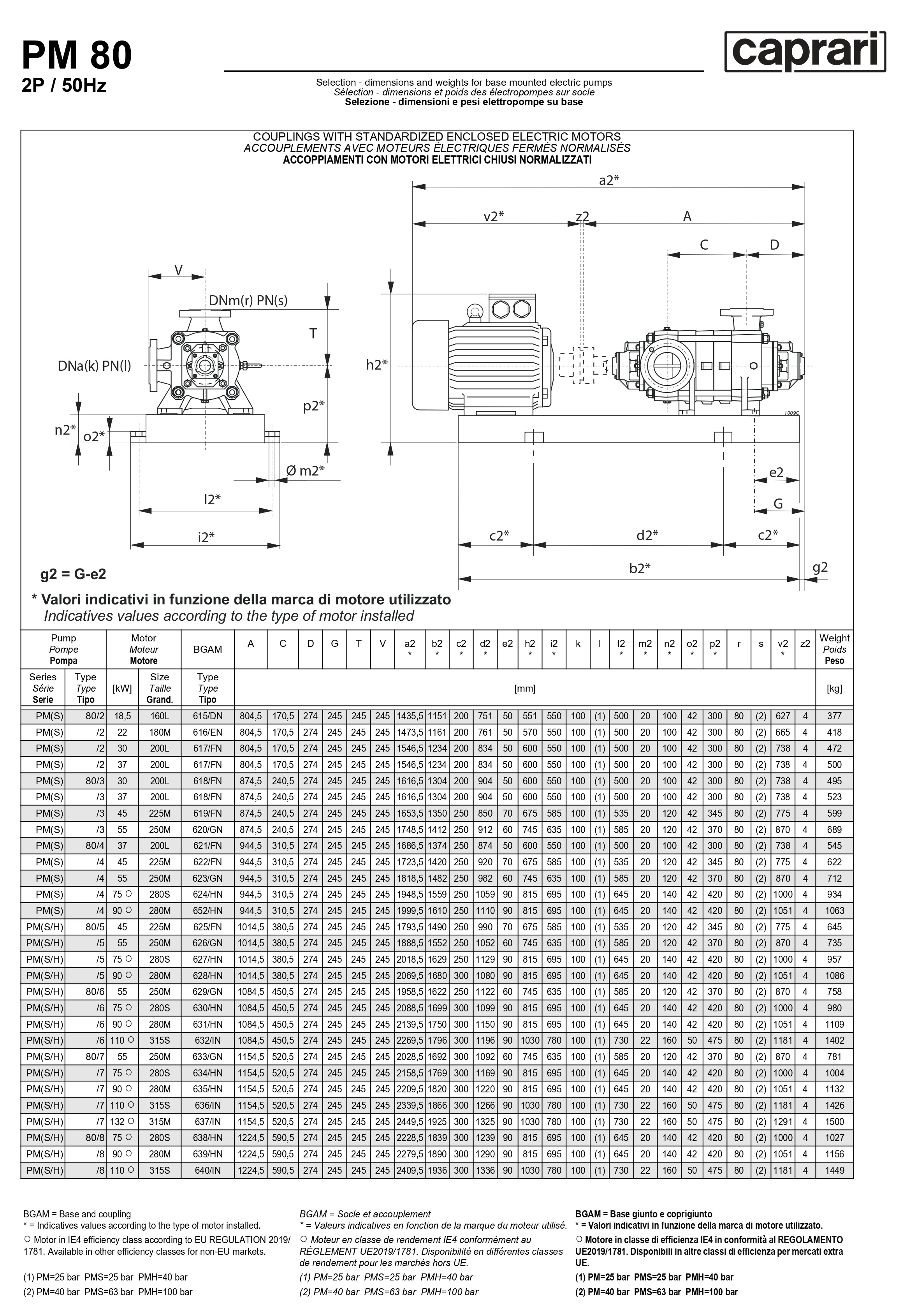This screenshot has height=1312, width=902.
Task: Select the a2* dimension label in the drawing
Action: pyautogui.click(x=609, y=180)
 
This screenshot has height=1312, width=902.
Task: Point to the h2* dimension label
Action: pyautogui.click(x=376, y=365)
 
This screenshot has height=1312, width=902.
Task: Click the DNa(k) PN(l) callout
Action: pyautogui.click(x=94, y=366)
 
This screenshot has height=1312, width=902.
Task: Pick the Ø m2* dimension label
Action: pyautogui.click(x=305, y=470)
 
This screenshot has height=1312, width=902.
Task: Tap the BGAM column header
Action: pyautogui.click(x=207, y=650)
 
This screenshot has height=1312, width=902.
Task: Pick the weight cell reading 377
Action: pyautogui.click(x=834, y=716)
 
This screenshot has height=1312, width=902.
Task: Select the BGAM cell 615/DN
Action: pyautogui.click(x=207, y=716)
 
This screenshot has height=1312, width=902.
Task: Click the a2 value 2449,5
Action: pyautogui.click(x=410, y=1122)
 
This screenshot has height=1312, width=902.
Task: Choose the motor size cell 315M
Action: pyautogui.click(x=159, y=1122)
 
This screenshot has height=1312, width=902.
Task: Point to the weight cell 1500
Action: pyautogui.click(x=834, y=1122)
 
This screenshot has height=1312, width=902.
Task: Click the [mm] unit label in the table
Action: pyautogui.click(x=524, y=689)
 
